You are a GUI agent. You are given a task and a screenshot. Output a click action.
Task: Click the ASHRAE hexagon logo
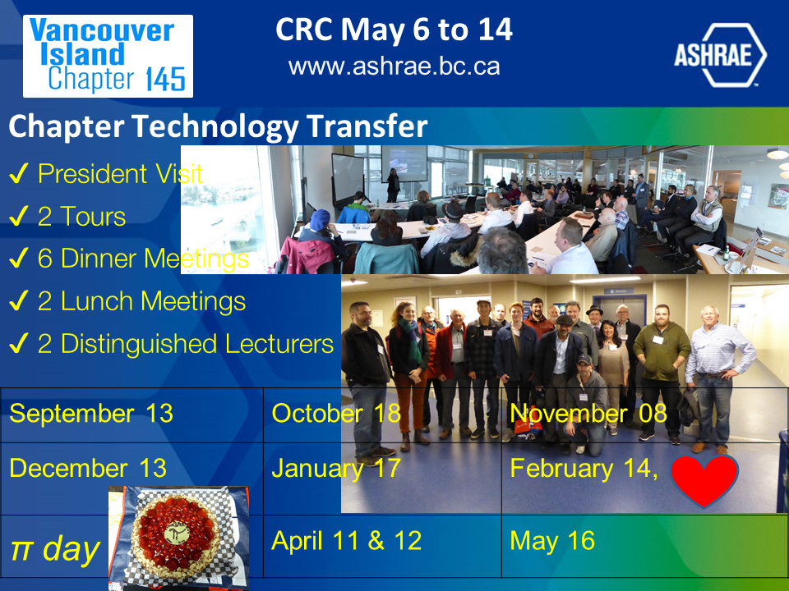pos(720,55)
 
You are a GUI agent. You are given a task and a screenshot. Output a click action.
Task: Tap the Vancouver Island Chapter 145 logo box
pos(108,56)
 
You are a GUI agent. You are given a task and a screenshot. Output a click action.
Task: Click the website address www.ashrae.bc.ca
pos(394,66)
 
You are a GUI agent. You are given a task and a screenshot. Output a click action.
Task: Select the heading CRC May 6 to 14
pos(394,30)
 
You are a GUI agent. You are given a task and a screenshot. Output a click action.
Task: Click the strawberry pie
pos(175,537)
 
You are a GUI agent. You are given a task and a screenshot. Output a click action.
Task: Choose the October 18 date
pos(336,414)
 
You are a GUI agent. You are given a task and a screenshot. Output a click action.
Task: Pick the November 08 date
pos(588,414)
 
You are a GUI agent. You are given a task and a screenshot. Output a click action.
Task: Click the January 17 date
pos(336,469)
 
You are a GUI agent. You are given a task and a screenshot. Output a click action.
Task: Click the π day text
pos(55,549)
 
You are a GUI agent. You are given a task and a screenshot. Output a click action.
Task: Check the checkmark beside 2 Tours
pos(18,216)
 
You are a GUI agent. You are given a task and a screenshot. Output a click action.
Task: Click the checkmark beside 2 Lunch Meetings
pos(18,300)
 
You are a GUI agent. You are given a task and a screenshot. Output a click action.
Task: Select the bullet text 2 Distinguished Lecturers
pos(186,344)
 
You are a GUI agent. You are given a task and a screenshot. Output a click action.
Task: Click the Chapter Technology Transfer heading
pos(218,126)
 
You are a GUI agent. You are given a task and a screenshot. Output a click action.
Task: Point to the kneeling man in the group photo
pos(584,405)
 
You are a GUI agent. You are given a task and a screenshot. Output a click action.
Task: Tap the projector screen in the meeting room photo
pos(404,163)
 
